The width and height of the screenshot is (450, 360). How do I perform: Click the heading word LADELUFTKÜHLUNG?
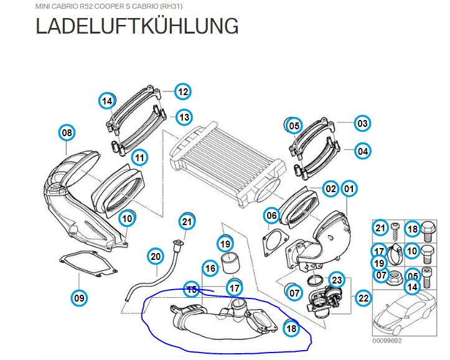[137, 25]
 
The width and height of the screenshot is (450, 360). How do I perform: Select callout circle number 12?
[183, 92]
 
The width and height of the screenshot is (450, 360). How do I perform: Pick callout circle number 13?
[184, 117]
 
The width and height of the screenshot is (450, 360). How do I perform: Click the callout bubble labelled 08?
[67, 132]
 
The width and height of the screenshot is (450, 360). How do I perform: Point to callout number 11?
[139, 158]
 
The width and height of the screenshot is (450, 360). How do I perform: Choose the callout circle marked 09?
[79, 298]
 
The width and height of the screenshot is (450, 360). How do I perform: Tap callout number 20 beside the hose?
[156, 256]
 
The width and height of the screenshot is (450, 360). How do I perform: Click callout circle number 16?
[210, 268]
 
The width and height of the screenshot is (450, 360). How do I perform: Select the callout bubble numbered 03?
[362, 123]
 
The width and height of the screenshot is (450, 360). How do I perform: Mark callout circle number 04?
[363, 151]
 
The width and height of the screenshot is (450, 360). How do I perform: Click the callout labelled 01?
[349, 188]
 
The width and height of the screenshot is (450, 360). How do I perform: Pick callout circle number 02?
[330, 188]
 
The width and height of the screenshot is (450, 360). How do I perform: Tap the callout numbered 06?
[271, 216]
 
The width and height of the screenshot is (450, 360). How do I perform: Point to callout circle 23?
[337, 280]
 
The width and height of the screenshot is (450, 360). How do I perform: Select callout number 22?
[363, 298]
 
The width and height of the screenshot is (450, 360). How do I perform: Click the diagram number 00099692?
[387, 341]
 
